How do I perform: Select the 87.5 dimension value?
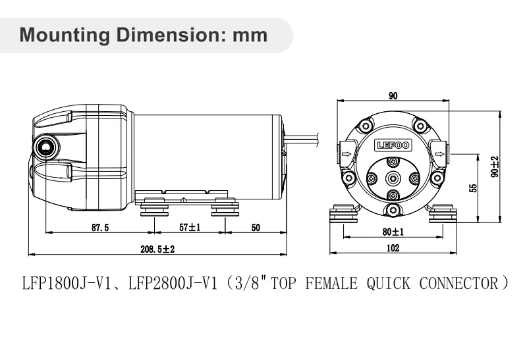pyautogui.click(x=100, y=228)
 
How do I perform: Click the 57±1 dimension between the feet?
pyautogui.click(x=190, y=228)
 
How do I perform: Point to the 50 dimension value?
pyautogui.click(x=256, y=228)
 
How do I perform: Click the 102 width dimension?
pyautogui.click(x=393, y=249)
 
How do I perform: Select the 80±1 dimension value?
pyautogui.click(x=393, y=232)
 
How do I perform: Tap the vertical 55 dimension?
pyautogui.click(x=472, y=188)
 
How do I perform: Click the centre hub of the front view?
pyautogui.click(x=393, y=177)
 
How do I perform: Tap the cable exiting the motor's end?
pyautogui.click(x=303, y=138)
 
